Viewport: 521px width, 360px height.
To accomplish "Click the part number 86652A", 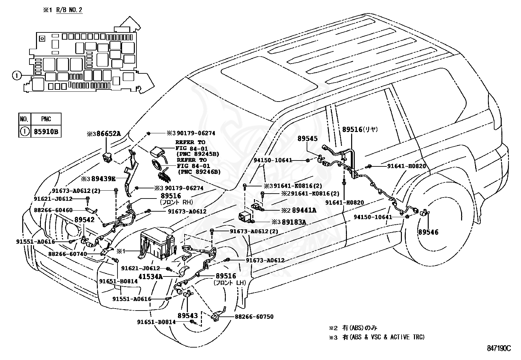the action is click(x=109, y=134).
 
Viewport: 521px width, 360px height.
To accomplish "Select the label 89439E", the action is click(x=103, y=179).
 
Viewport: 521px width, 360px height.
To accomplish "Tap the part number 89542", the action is click(x=84, y=219).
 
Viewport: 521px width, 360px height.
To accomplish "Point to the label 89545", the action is click(x=308, y=139).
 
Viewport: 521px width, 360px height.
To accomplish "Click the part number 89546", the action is click(x=428, y=232).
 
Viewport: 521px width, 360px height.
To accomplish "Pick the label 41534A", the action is click(x=151, y=277).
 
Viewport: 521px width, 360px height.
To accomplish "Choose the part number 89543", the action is click(x=188, y=316).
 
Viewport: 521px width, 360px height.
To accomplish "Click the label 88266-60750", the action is click(x=254, y=317).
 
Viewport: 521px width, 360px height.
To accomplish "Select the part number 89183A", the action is click(x=294, y=222).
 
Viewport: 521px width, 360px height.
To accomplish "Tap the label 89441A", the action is click(x=304, y=210).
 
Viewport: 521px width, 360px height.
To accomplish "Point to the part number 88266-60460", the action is click(x=53, y=210).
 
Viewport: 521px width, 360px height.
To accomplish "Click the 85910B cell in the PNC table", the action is click(x=46, y=132).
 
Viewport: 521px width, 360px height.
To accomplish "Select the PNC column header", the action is click(x=46, y=119).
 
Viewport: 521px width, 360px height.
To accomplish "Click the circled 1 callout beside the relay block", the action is click(x=17, y=75).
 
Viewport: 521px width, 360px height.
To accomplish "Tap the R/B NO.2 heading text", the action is click(x=69, y=10).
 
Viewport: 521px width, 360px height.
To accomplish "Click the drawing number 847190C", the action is click(x=499, y=348).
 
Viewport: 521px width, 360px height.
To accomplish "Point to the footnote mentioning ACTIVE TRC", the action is click(x=377, y=337).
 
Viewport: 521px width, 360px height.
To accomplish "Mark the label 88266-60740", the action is click(x=68, y=254).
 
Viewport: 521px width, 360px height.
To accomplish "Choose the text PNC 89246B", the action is click(x=199, y=172).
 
